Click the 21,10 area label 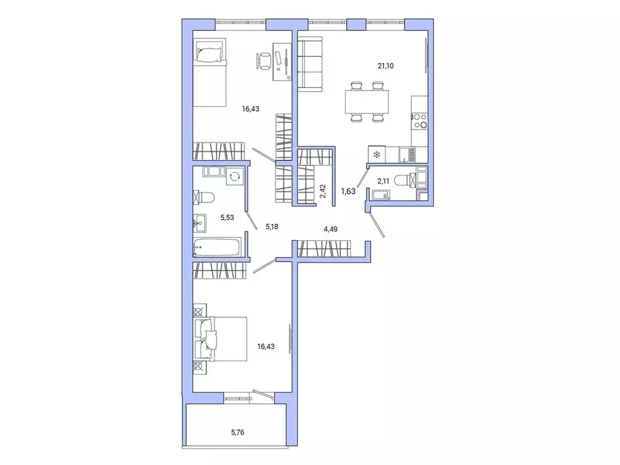click(386, 66)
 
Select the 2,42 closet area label click(323, 191)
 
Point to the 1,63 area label click(348, 191)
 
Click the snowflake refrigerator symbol click(376, 155)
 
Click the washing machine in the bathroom click(234, 176)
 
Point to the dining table click(366, 101)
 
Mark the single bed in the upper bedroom click(209, 71)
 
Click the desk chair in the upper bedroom click(265, 61)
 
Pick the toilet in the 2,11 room click(402, 179)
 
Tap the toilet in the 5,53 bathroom click(204, 197)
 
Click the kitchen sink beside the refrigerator click(406, 155)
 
